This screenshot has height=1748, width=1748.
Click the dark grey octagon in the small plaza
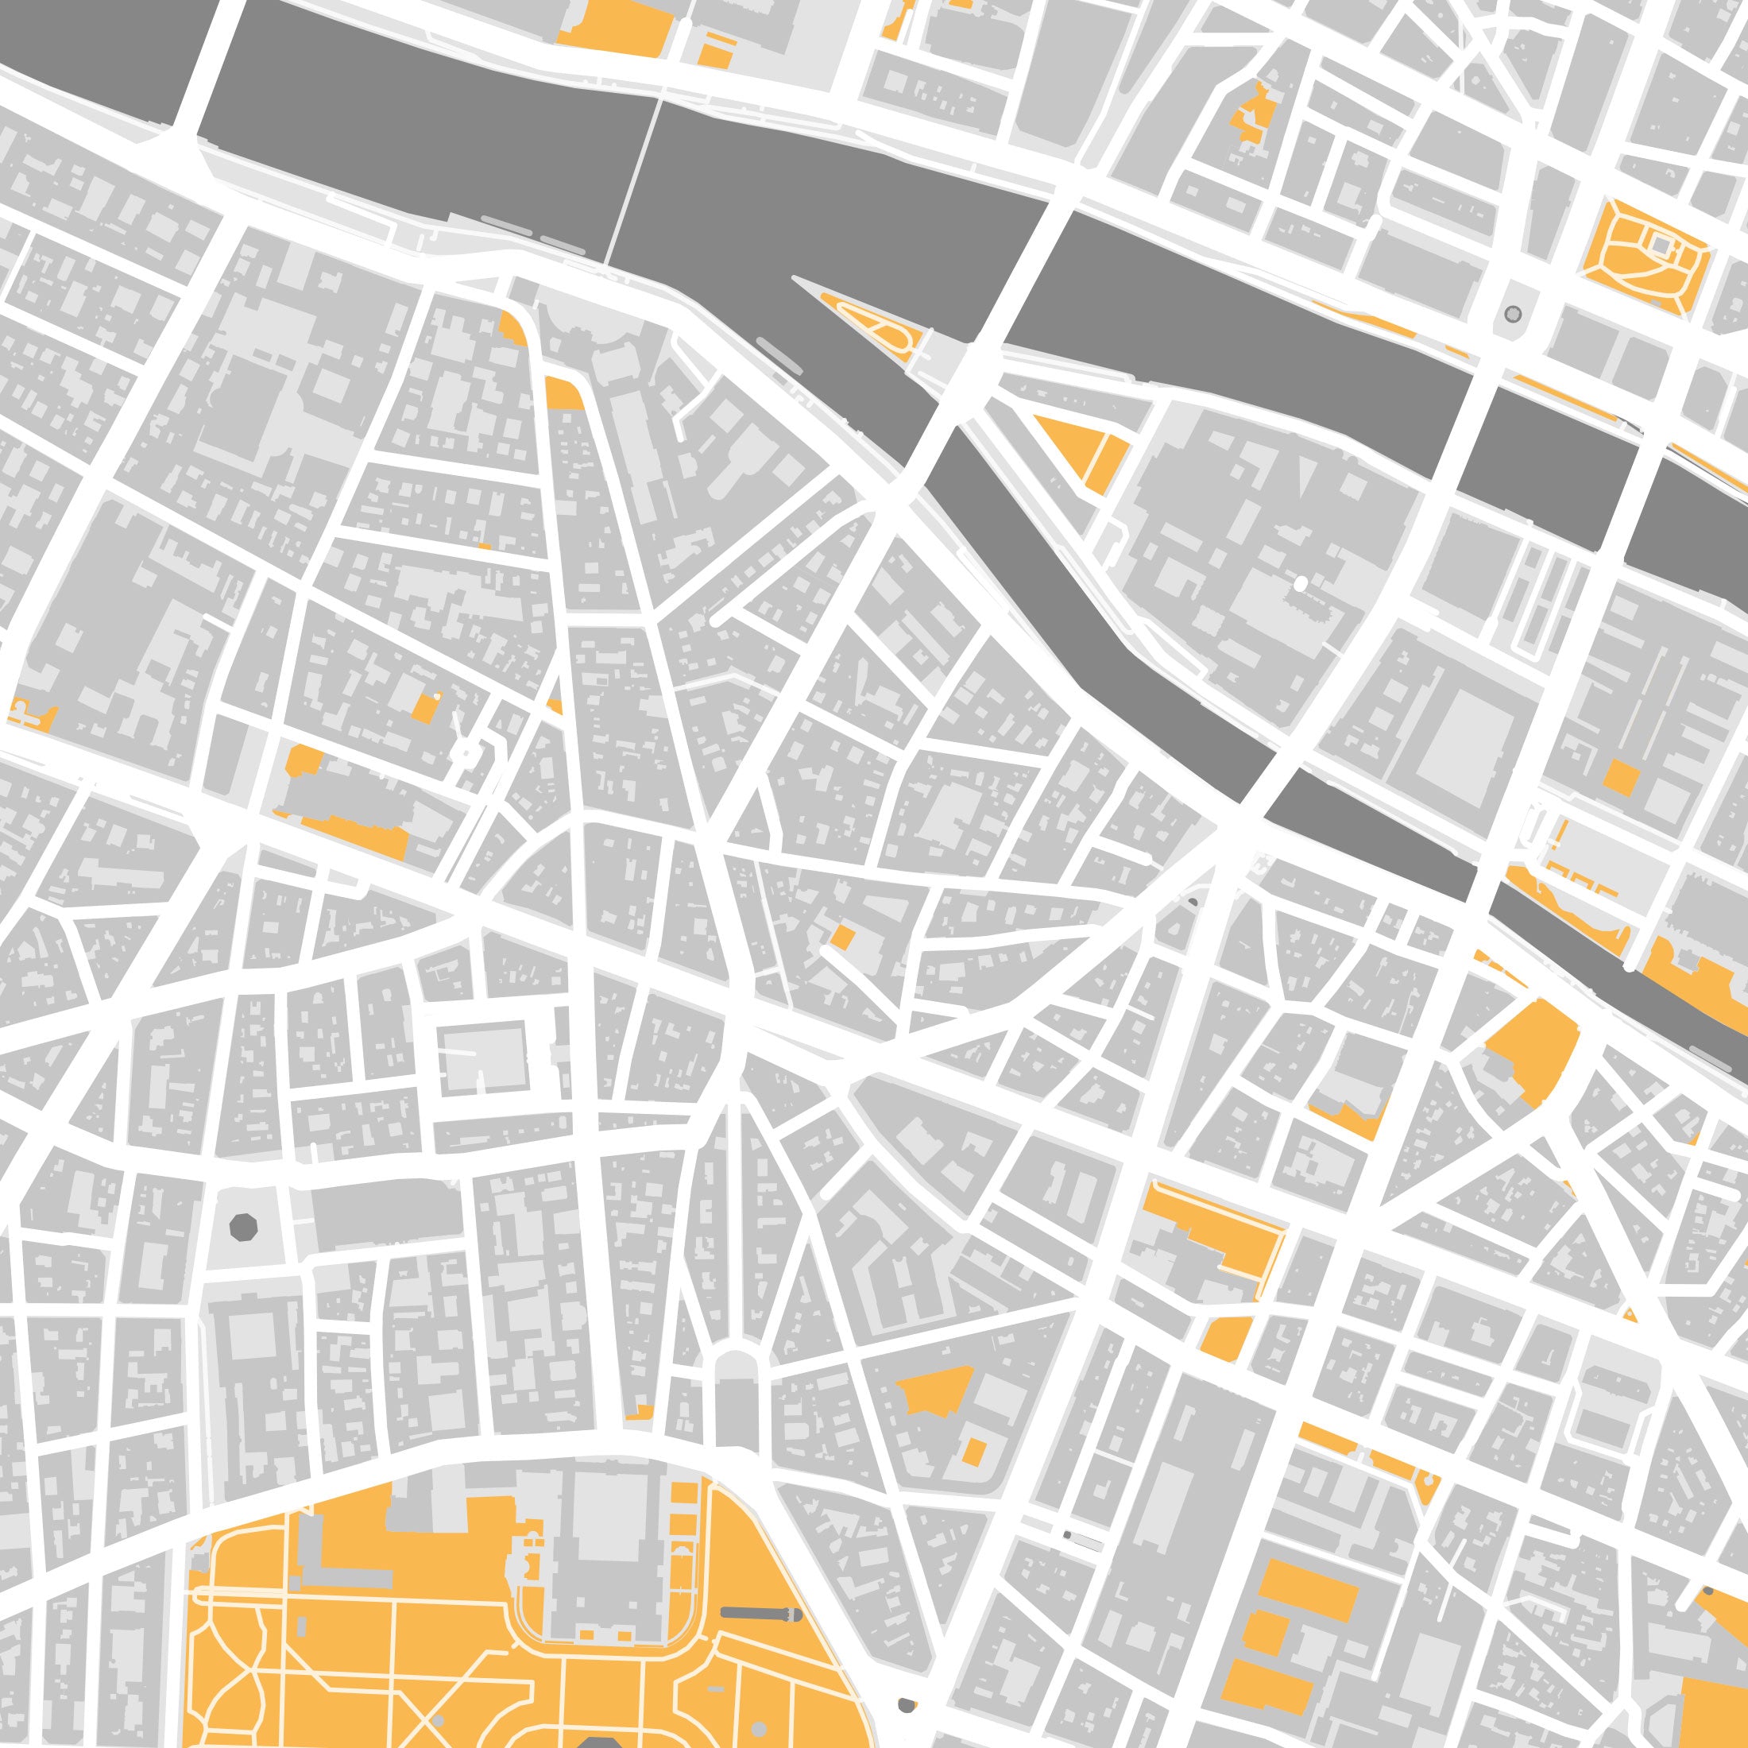tap(243, 1228)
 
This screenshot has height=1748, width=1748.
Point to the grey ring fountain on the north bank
tap(1512, 315)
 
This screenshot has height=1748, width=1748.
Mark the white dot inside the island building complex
tap(1301, 585)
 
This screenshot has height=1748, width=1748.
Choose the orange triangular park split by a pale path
tap(1083, 450)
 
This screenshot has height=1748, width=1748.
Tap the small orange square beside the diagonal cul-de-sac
tap(841, 938)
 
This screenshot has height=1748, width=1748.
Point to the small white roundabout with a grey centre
tap(465, 752)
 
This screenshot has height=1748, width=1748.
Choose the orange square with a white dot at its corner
tap(423, 707)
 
